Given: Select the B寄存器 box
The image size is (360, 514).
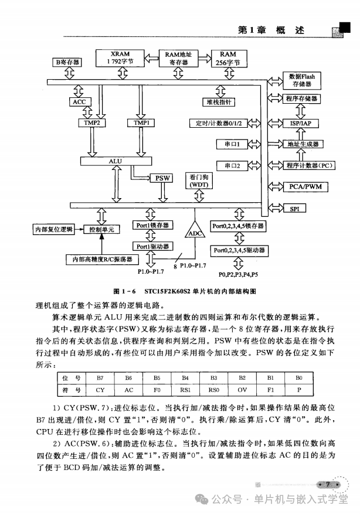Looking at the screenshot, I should pos(67,62).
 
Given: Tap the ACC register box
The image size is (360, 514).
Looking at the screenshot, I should pos(79,101).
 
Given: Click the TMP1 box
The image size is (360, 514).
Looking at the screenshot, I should pos(141,123).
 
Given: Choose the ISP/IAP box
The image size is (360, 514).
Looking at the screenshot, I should pos(300,124).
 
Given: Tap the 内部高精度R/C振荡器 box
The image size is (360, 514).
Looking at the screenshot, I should pos(102,258).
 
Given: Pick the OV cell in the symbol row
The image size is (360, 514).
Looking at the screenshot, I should pos(242,389).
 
